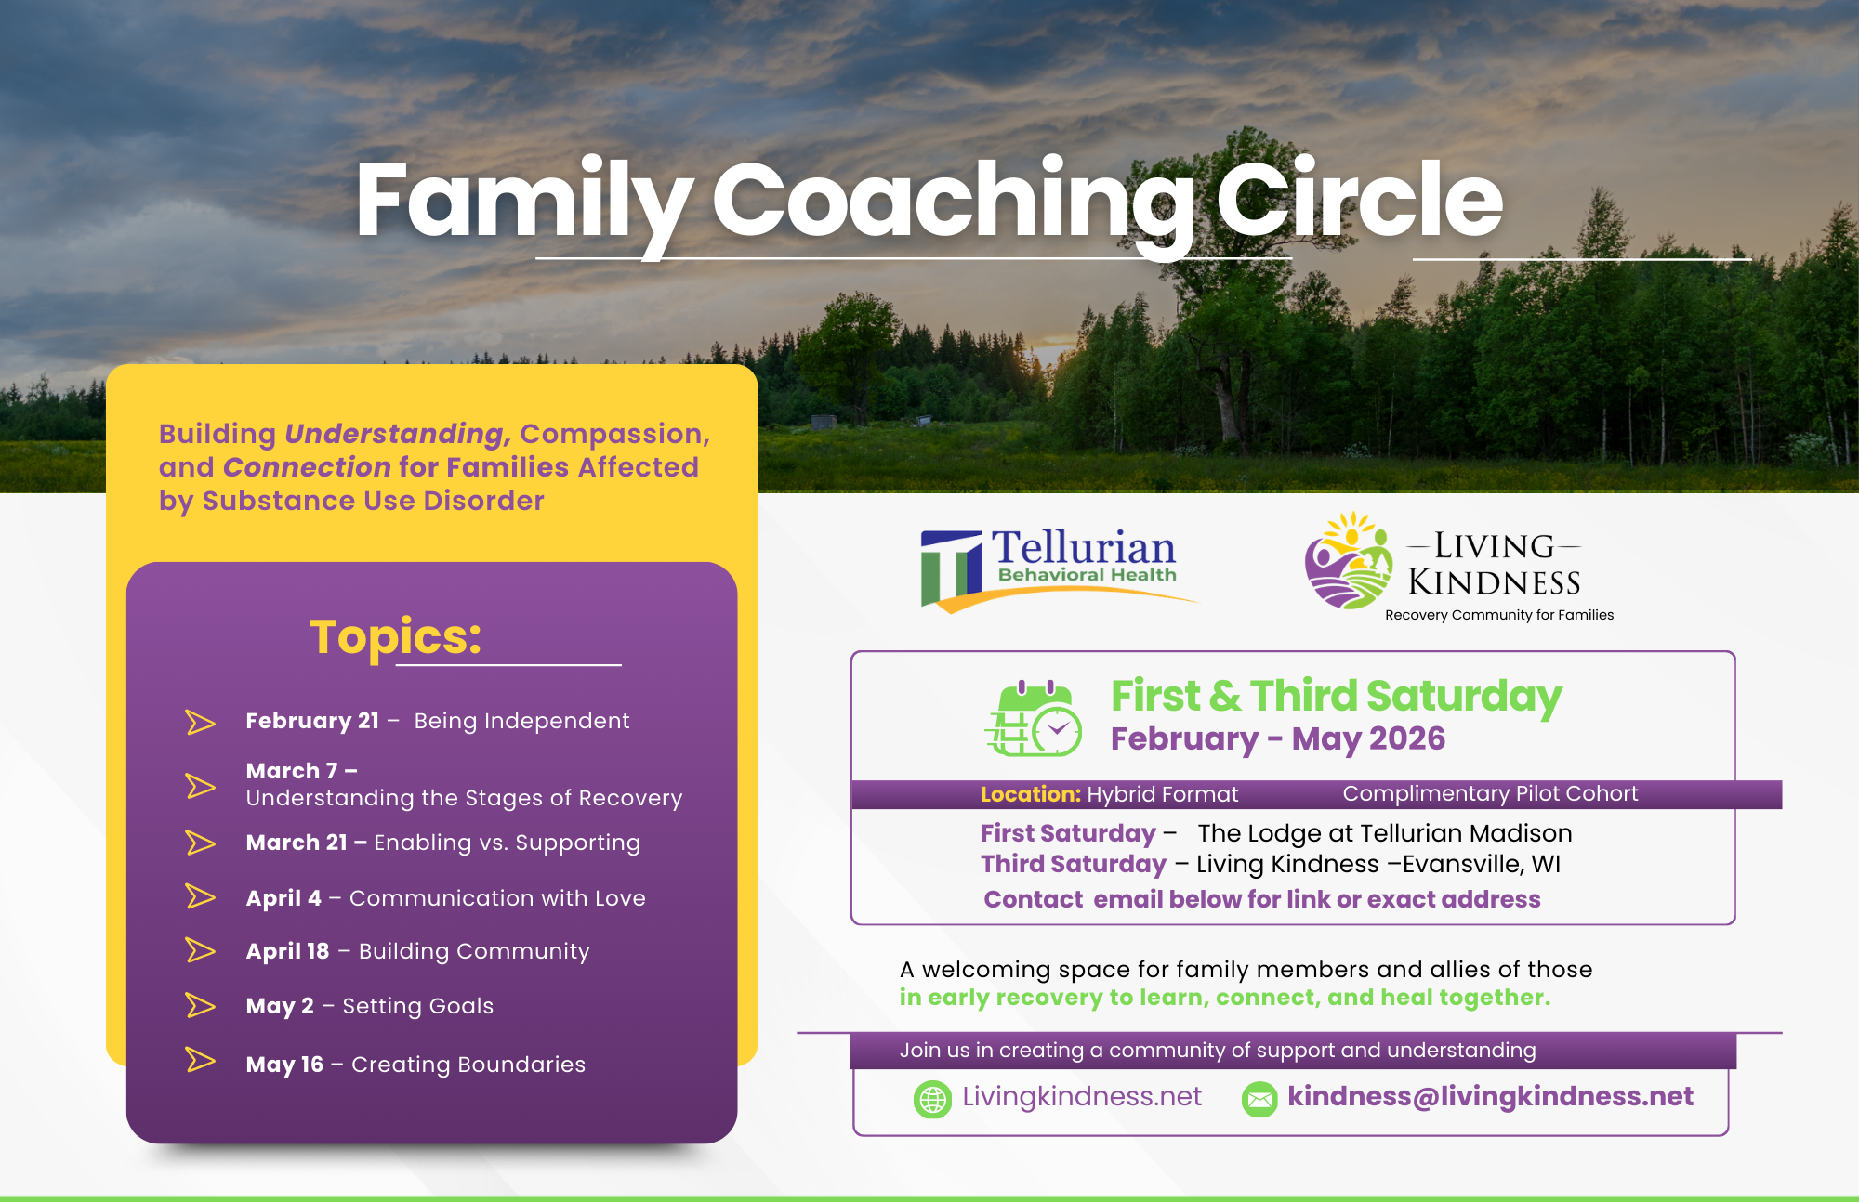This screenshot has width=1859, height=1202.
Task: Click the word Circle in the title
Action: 1359,199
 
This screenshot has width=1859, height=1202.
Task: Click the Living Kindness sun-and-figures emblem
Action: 1349,560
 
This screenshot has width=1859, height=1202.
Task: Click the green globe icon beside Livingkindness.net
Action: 932,1099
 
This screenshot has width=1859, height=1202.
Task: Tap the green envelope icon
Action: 1259,1100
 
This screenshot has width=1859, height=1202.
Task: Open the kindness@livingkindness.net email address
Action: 1490,1096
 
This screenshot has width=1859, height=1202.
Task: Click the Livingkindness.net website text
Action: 1082,1097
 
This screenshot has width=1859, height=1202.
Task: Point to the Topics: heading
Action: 396,638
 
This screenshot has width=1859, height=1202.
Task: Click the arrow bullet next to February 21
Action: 200,722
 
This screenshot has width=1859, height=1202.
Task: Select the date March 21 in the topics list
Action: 297,843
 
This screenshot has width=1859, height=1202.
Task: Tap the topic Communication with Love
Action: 497,898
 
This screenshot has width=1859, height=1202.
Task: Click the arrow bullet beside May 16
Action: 200,1060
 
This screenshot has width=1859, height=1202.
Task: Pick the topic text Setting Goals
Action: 418,1006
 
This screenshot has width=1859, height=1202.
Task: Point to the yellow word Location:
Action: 1031,794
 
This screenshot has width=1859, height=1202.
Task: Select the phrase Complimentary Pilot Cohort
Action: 1490,793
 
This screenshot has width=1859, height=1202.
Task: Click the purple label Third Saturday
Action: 1074,864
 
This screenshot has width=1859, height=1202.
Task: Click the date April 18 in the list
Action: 287,951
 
